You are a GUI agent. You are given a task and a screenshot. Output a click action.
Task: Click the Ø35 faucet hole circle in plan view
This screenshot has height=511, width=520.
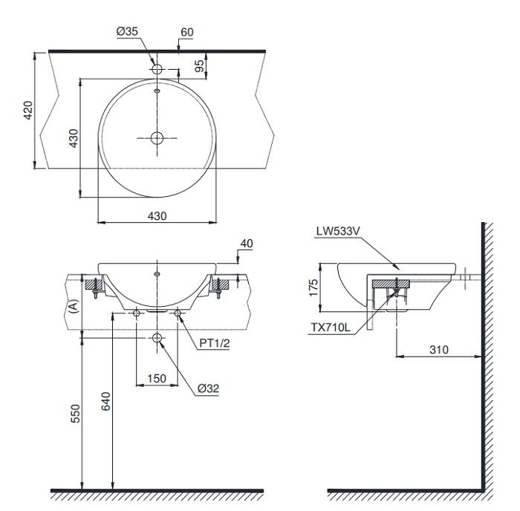pyautogui.click(x=157, y=68)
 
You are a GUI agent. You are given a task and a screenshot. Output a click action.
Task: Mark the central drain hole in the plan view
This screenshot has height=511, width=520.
pyautogui.click(x=157, y=137)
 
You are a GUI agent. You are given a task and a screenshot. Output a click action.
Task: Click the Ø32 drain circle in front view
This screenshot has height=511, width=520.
pyautogui.click(x=157, y=339)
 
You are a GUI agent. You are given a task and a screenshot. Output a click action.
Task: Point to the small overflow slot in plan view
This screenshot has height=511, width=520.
pyautogui.click(x=157, y=92)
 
